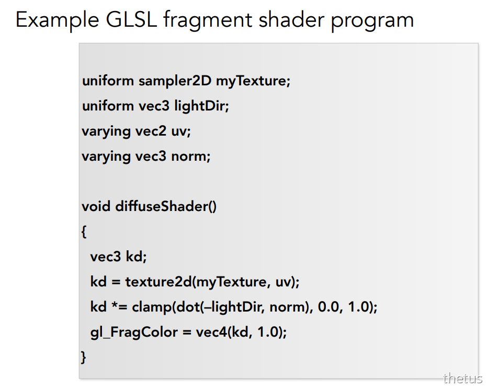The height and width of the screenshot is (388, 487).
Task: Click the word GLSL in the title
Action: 131,19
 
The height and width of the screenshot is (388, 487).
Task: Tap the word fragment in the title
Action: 208,21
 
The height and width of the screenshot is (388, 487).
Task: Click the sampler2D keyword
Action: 175,81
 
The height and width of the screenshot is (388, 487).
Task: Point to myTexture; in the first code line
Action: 253,82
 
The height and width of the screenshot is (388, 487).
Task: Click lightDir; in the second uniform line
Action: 201,106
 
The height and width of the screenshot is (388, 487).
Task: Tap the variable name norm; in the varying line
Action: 191,157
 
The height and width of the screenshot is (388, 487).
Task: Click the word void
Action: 96,206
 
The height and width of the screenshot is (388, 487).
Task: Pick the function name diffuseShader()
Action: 166,206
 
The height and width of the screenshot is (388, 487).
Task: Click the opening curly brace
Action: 84,231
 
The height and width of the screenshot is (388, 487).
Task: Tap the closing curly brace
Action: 83,357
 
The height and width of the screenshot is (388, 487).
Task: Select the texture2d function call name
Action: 158,282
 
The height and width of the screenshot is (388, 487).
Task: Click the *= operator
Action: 119,307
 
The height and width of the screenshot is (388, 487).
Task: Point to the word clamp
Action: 152,307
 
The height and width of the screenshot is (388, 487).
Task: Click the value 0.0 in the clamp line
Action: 329,307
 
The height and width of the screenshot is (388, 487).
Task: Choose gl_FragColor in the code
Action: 134,332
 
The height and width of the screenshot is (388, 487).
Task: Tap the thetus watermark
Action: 463,379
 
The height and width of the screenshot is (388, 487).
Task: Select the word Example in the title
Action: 58,21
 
